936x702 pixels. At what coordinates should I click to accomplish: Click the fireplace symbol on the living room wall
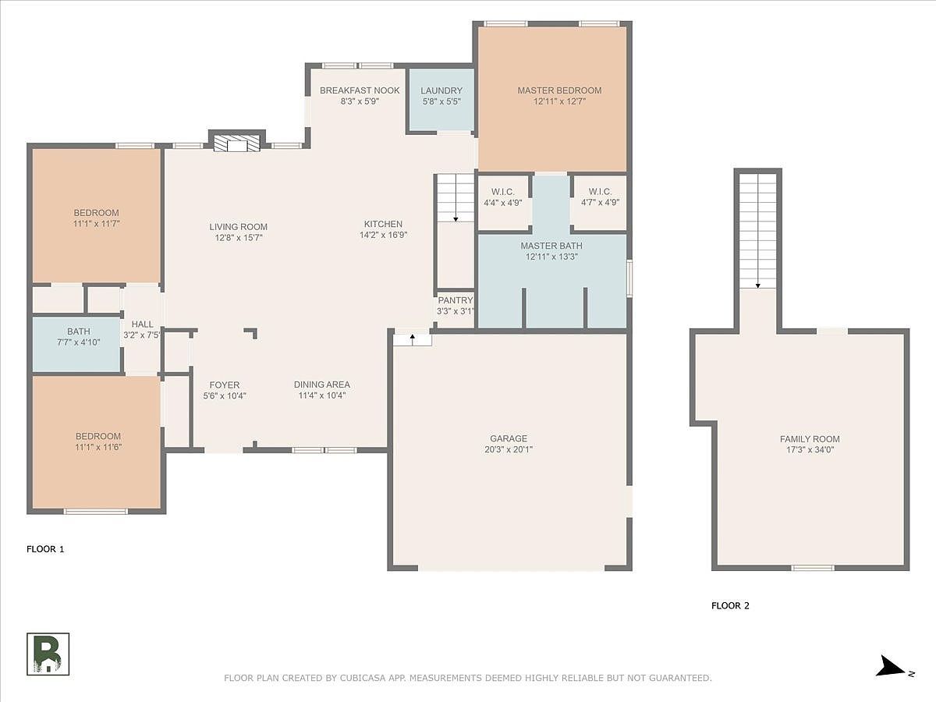point(236,144)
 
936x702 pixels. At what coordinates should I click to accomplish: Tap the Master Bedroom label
point(559,90)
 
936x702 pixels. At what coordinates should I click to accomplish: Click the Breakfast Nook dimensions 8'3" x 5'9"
point(360,101)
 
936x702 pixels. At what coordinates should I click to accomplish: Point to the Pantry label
point(455,300)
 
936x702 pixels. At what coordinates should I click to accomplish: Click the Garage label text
point(509,438)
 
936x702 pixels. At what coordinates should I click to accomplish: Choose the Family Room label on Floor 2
point(810,439)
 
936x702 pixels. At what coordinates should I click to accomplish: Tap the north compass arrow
point(891,668)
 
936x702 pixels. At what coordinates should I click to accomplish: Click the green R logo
point(48,654)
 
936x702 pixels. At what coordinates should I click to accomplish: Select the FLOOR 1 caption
point(45,549)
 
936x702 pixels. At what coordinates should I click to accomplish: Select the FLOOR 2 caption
point(730,605)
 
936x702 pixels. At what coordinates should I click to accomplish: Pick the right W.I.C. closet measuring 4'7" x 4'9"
point(599,197)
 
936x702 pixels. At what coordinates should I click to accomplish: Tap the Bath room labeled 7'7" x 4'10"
point(78,336)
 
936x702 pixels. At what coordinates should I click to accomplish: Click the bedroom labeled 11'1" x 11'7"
point(96,218)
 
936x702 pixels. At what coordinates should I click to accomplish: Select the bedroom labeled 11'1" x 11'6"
point(98,441)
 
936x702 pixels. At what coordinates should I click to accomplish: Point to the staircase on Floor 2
point(757,231)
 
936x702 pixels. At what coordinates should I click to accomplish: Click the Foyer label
point(225,385)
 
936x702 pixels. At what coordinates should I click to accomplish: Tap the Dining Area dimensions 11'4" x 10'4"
point(321,395)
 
